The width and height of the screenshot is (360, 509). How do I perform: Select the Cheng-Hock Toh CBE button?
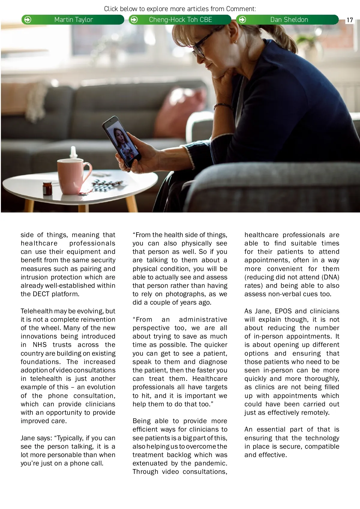(x=180, y=20)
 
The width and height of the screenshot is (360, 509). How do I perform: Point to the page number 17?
(x=349, y=20)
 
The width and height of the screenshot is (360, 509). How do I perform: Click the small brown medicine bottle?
(x=47, y=188)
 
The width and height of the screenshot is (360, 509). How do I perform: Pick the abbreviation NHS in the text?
(x=40, y=345)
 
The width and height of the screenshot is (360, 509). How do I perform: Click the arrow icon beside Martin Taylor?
(x=28, y=20)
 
